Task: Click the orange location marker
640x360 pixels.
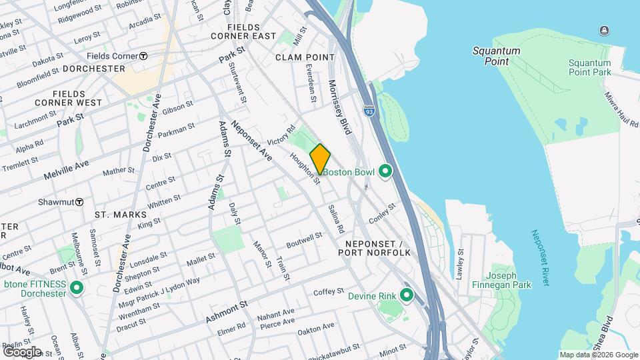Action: (x=320, y=159)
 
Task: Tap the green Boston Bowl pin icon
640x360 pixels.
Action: (x=385, y=172)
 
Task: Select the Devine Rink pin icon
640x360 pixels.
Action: (x=407, y=295)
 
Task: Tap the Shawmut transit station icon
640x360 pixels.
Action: (x=79, y=201)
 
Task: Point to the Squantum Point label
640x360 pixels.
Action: (x=491, y=56)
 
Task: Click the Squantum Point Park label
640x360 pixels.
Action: (x=589, y=67)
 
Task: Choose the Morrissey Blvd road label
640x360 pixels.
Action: (x=339, y=107)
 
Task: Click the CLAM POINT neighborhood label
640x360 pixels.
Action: (x=305, y=58)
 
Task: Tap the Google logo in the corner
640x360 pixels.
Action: (x=22, y=351)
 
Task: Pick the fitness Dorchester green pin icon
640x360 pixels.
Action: (x=77, y=289)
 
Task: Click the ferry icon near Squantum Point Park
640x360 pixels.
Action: (x=604, y=30)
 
